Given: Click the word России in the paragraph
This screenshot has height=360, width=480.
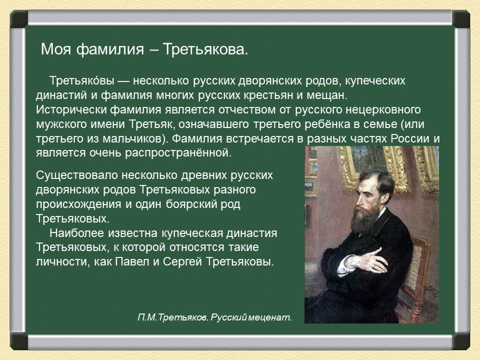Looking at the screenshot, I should click(x=410, y=138).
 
